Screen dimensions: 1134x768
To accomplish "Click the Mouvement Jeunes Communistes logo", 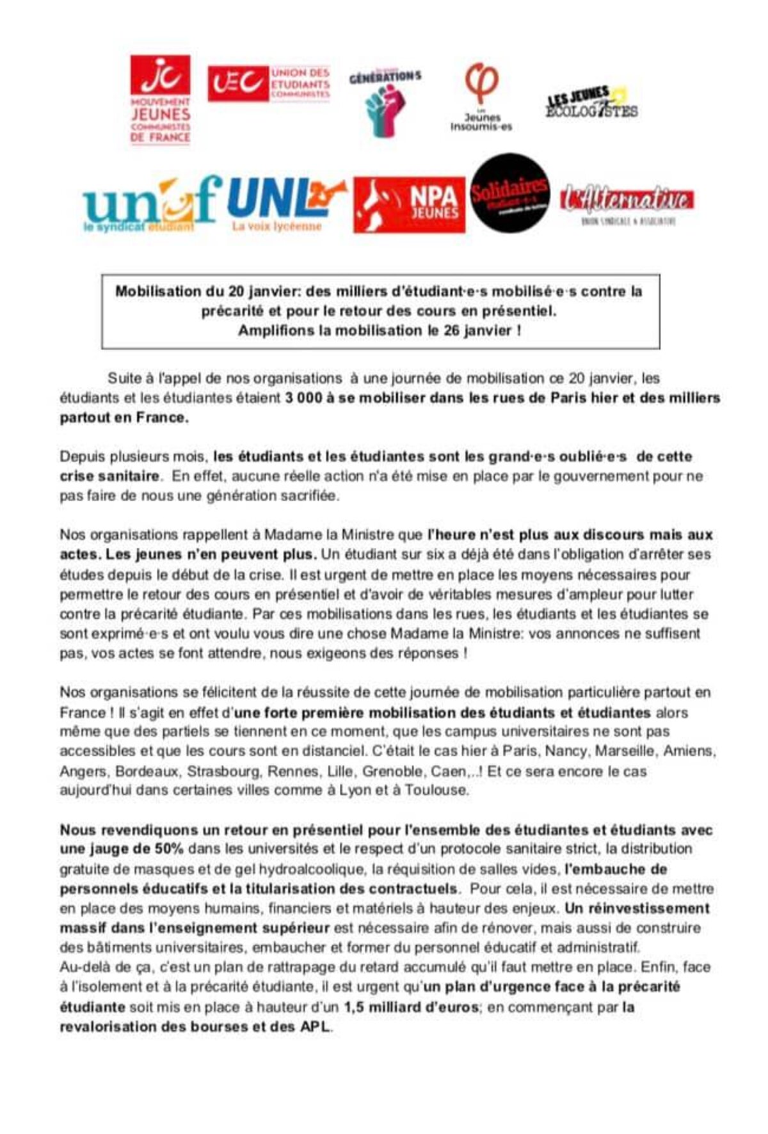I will click(x=161, y=99).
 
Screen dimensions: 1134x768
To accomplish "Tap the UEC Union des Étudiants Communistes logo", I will click(x=269, y=83).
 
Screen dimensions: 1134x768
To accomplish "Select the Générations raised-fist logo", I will click(x=385, y=102).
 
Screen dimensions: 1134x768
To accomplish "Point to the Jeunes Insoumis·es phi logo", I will click(x=481, y=96).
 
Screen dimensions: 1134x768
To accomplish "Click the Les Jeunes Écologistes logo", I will click(x=591, y=102).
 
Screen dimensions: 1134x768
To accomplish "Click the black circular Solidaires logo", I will click(x=510, y=193).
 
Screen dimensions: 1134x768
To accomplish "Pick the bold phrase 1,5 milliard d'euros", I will click(x=411, y=1007).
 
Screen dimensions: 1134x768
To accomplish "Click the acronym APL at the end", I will click(x=316, y=1027).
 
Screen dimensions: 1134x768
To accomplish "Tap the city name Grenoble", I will click(x=390, y=771).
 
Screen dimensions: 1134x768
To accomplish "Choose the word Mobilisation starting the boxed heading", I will click(x=158, y=292).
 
